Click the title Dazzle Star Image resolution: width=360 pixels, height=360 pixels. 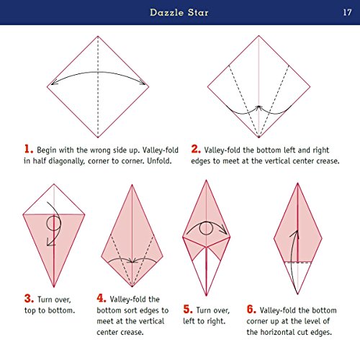click(x=179, y=12)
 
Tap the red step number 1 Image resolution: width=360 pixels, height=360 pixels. click(x=29, y=149)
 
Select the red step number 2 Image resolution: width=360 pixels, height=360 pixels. click(x=196, y=149)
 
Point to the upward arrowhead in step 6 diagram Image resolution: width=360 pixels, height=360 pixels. click(x=293, y=233)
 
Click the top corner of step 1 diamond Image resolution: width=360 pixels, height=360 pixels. click(x=98, y=36)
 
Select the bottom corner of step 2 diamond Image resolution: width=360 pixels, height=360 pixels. click(x=258, y=138)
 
